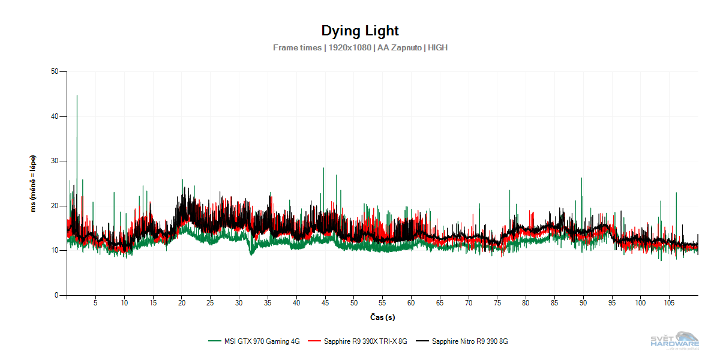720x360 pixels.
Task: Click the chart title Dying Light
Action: click(x=360, y=31)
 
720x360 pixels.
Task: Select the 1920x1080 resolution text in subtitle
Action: click(x=350, y=47)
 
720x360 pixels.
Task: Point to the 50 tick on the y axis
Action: click(x=55, y=71)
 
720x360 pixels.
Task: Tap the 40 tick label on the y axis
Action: click(x=55, y=116)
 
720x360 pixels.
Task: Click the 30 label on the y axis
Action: click(x=55, y=161)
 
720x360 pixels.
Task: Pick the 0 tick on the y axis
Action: click(x=56, y=295)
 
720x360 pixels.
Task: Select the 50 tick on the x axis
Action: click(x=354, y=303)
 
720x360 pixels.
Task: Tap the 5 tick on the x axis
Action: click(x=95, y=303)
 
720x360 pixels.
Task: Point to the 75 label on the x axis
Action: click(x=497, y=303)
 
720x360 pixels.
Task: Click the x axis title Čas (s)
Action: click(x=382, y=317)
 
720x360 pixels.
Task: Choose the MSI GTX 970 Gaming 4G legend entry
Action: click(x=262, y=341)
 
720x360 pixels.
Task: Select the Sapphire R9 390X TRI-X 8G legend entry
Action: click(x=365, y=341)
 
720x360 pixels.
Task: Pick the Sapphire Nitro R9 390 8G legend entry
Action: click(x=470, y=341)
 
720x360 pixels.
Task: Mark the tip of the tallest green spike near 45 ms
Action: click(x=77, y=95)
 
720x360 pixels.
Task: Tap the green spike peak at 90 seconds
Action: click(x=581, y=178)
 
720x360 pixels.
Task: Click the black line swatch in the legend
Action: click(x=423, y=341)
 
